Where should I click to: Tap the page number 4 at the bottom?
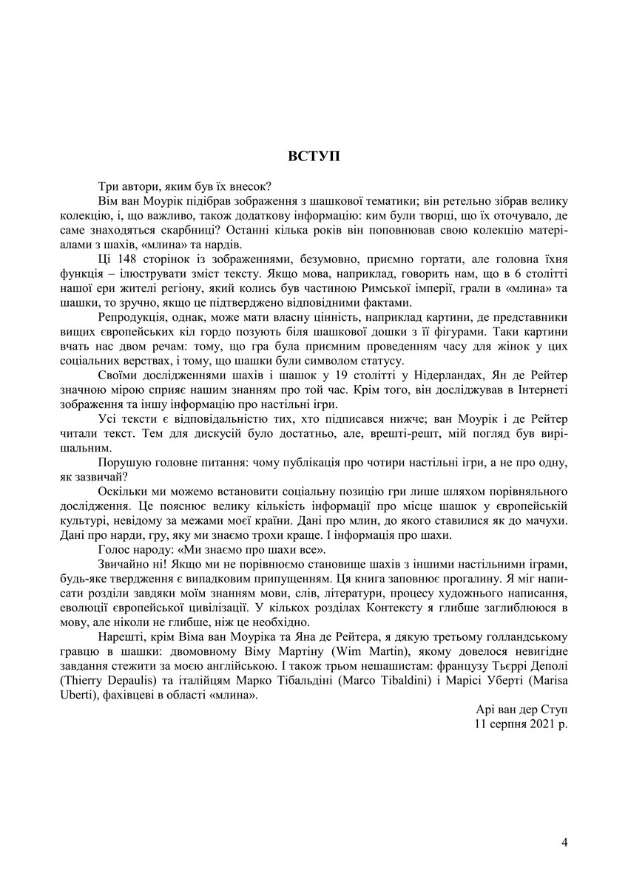click(564, 842)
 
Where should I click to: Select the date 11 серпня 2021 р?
click(522, 724)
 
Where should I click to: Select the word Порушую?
click(122, 462)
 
